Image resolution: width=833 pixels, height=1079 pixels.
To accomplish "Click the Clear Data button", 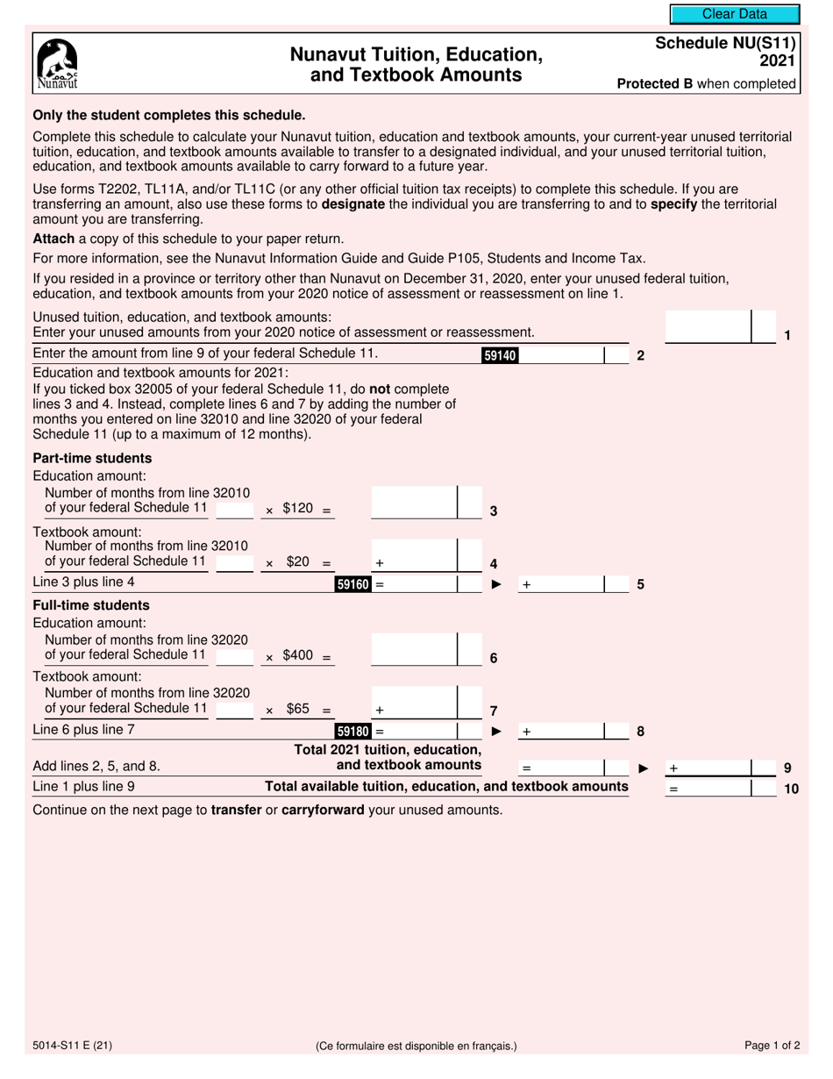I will [x=735, y=14].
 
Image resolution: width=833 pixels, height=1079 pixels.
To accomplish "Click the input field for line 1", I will [x=708, y=326].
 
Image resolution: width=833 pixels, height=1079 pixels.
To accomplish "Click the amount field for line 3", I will [x=414, y=504].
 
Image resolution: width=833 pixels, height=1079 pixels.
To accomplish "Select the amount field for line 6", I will [x=414, y=651].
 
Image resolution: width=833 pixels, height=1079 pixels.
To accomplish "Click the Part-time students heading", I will [x=92, y=458].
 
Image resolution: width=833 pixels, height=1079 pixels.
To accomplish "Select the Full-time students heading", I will [x=91, y=605].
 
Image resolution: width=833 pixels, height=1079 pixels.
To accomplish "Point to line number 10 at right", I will [x=791, y=789].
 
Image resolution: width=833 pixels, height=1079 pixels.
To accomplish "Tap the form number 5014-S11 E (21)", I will [x=72, y=1045].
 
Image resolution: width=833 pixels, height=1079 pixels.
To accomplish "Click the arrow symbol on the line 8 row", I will [x=496, y=731].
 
